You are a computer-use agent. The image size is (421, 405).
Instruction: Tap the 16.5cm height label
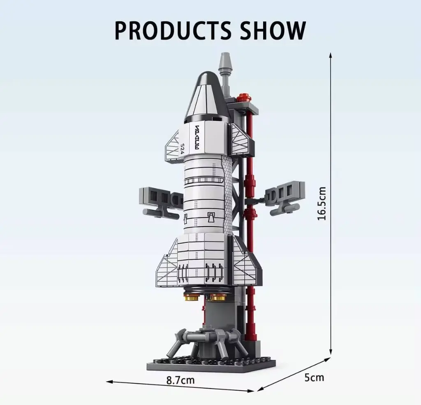pos(322,203)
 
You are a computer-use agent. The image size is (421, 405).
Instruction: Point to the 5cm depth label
pos(314,377)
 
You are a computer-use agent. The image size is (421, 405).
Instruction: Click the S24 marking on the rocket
pos(183,148)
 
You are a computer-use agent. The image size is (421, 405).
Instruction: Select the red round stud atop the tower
pos(244,97)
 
